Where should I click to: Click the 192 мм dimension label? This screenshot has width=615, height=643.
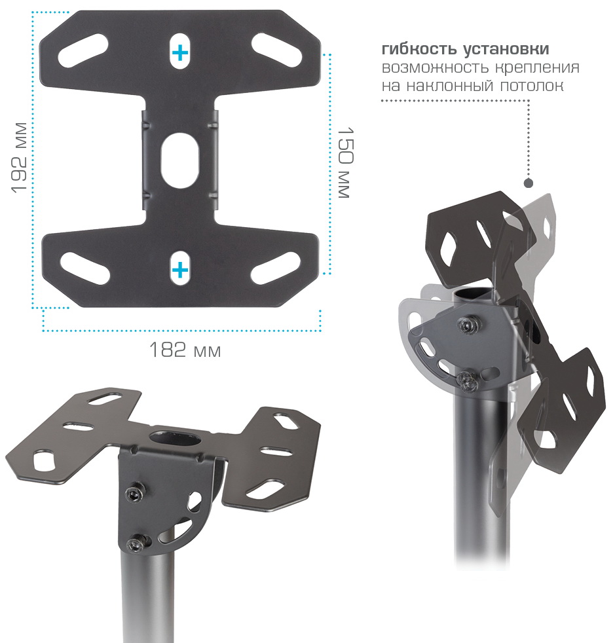pyautogui.click(x=19, y=157)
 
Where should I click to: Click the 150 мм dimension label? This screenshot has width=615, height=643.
pyautogui.click(x=345, y=163)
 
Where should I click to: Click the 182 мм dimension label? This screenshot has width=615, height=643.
pyautogui.click(x=185, y=350)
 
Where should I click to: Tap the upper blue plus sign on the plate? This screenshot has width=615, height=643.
pyautogui.click(x=180, y=53)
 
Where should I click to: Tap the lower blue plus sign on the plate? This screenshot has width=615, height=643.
pyautogui.click(x=180, y=270)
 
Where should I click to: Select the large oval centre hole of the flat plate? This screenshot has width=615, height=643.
pyautogui.click(x=181, y=160)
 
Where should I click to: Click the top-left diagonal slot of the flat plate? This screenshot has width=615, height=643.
pyautogui.click(x=83, y=50)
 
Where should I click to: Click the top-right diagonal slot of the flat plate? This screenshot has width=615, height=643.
pyautogui.click(x=277, y=49)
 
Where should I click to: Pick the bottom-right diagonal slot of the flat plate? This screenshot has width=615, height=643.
pyautogui.click(x=276, y=268)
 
